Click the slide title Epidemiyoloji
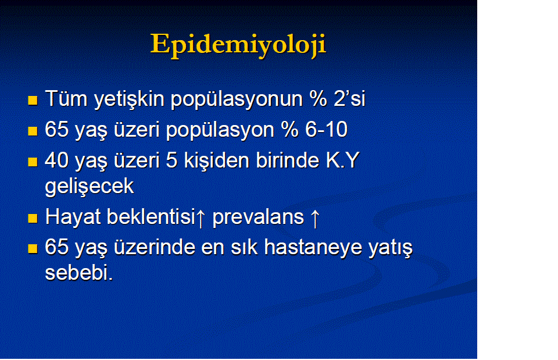(238, 45)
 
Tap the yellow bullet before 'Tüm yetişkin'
(33, 101)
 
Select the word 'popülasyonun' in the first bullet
(237, 99)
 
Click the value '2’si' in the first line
(349, 99)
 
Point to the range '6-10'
(326, 129)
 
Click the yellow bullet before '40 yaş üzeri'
(33, 162)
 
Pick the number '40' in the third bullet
(56, 161)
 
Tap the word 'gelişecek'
(90, 187)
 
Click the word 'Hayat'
(73, 217)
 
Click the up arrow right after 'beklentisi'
(201, 218)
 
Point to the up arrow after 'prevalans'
(315, 218)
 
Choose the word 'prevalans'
(258, 218)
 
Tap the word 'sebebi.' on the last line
(79, 273)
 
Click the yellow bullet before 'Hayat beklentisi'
(33, 218)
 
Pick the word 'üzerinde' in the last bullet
(155, 247)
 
